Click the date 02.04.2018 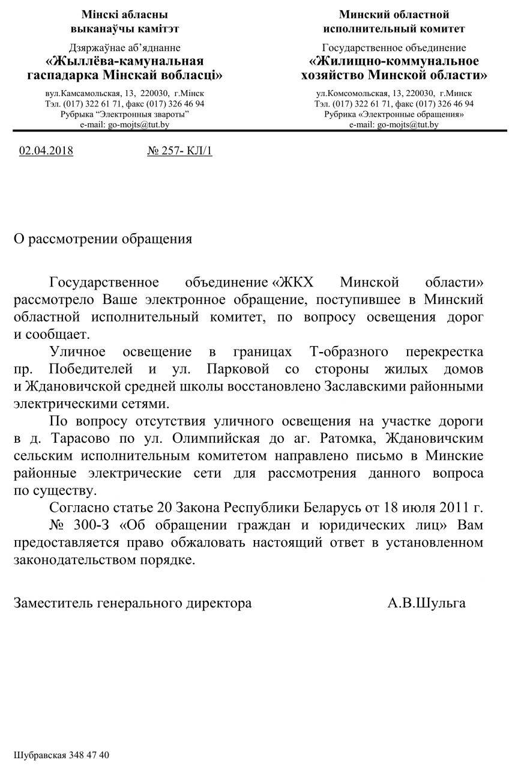pos(46,151)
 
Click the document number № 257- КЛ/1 pos(179,151)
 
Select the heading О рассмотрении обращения pos(103,239)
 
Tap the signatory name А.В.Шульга pos(426,603)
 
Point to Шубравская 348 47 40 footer pos(62,755)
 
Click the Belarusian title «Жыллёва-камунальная pos(125,61)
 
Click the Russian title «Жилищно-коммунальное pos(394,61)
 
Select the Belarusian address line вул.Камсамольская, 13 pos(125,94)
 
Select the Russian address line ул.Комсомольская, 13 pos(394,94)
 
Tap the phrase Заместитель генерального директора pos(133,603)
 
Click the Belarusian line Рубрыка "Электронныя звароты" pos(125,114)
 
